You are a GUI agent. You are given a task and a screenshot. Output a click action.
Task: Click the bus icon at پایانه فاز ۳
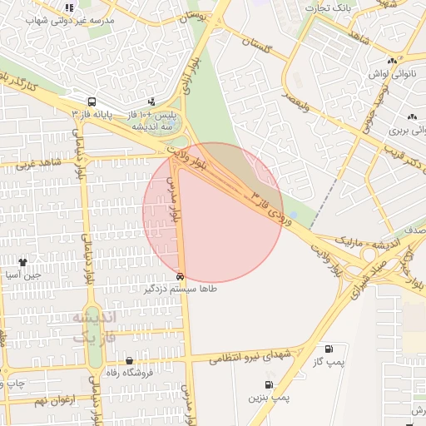pyautogui.click(x=91, y=101)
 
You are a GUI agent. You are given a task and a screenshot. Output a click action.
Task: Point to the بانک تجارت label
pyautogui.click(x=325, y=8)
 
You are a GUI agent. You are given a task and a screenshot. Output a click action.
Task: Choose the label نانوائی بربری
pyautogui.click(x=408, y=131)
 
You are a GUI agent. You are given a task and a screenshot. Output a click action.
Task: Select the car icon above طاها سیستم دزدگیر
pyautogui.click(x=181, y=276)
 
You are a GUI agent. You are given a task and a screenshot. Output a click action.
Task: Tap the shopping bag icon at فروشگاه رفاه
pyautogui.click(x=129, y=360)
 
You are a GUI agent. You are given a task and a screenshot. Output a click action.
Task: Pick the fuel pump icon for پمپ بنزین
pyautogui.click(x=269, y=384)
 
